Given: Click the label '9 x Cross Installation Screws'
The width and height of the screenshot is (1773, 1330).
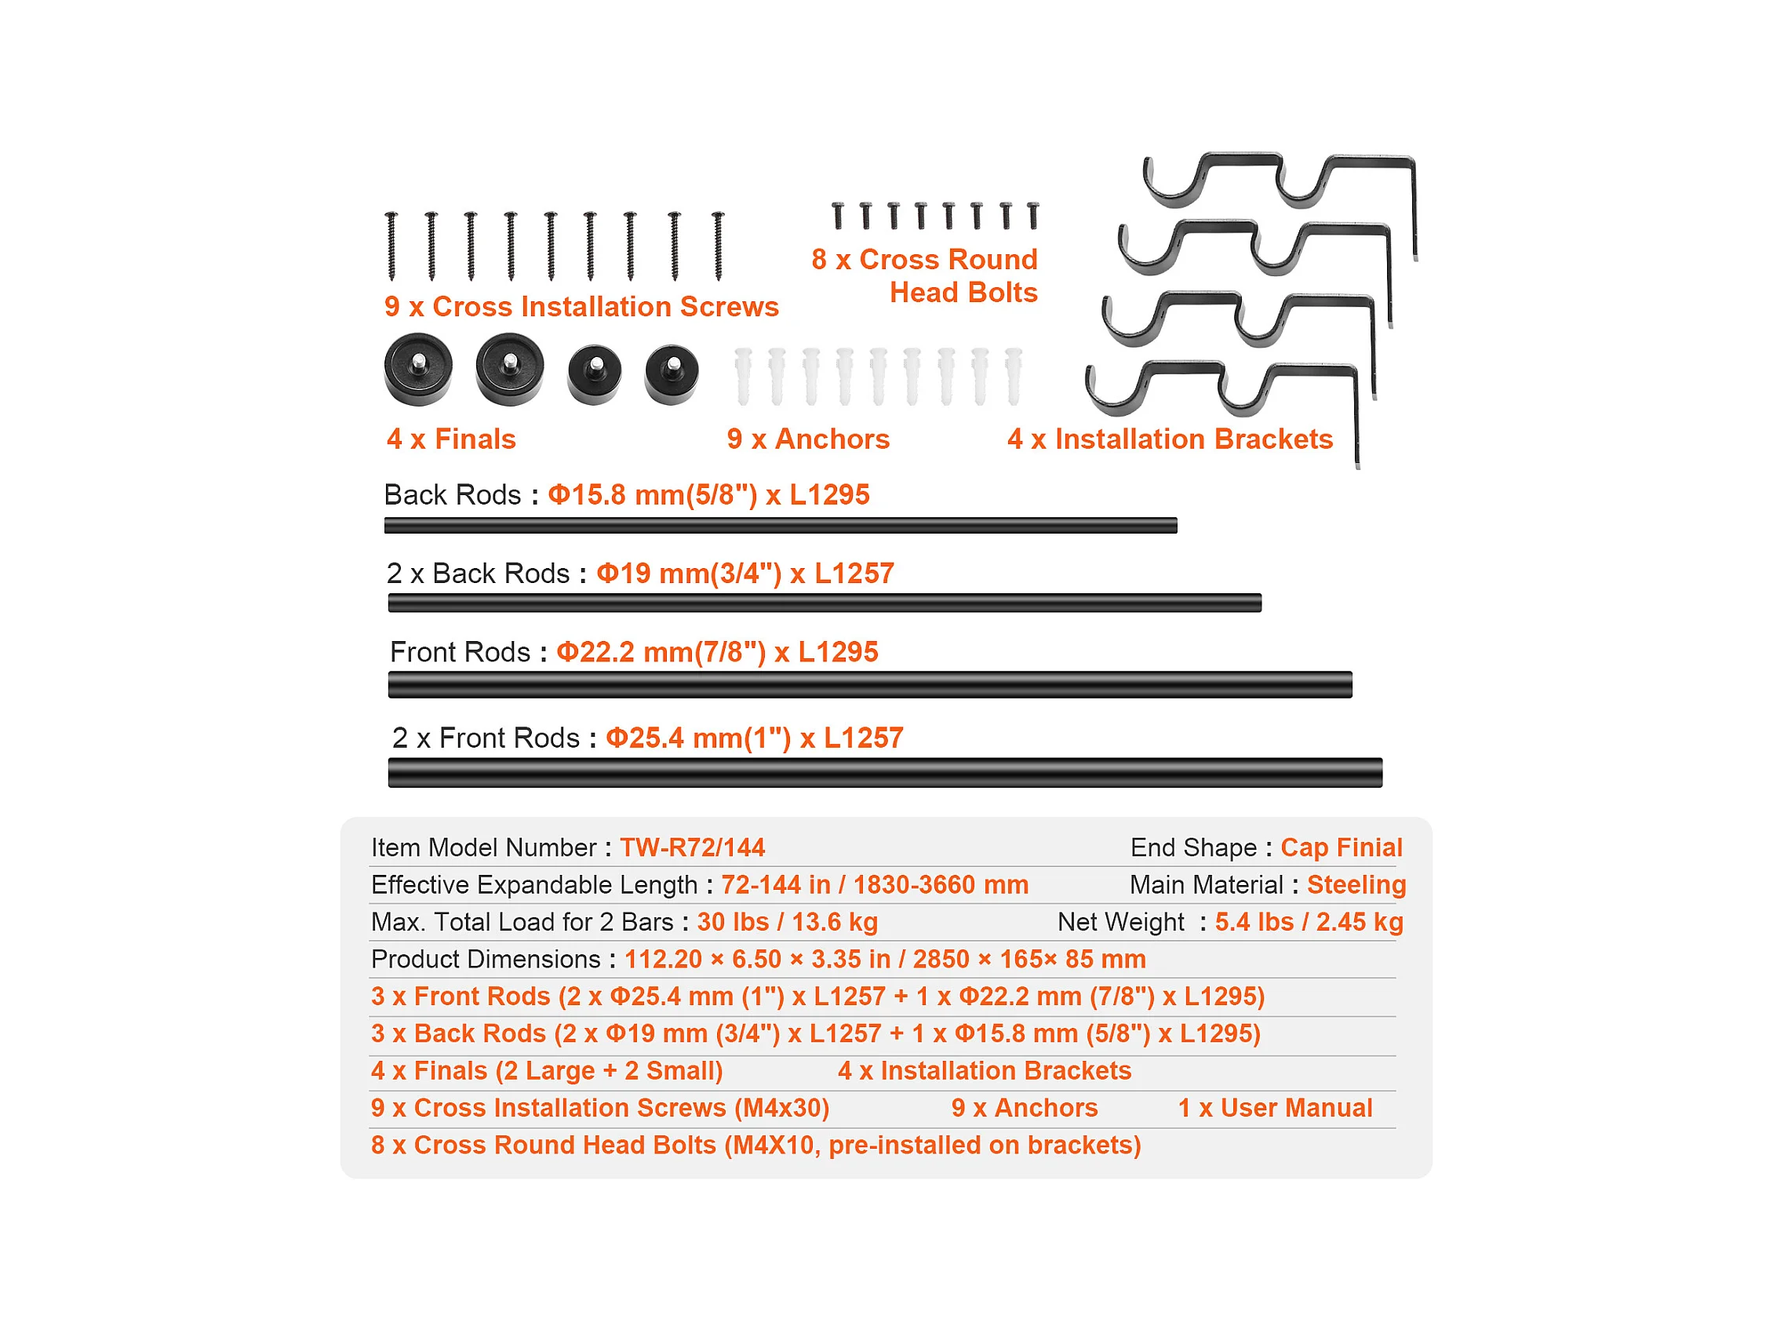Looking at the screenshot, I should click(581, 307).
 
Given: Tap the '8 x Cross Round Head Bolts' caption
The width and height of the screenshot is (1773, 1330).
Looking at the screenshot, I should click(925, 275).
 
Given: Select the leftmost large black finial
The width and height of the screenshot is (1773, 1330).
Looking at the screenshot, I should click(417, 369).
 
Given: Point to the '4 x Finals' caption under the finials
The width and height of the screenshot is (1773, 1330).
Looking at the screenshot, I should click(451, 439).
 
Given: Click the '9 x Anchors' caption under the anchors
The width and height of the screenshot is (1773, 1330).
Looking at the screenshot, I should click(808, 439).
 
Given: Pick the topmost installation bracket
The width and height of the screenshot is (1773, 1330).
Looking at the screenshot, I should click(1280, 180).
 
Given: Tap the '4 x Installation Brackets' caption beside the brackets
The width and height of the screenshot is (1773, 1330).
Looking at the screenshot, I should click(1170, 439).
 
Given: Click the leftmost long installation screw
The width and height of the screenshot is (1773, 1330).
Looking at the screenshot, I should click(391, 246).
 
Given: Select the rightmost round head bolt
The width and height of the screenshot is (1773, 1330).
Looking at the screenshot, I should click(1033, 215).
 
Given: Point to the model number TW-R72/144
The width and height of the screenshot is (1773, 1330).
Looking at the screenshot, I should click(693, 847).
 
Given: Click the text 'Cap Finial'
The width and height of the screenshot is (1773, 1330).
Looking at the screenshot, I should click(1341, 847).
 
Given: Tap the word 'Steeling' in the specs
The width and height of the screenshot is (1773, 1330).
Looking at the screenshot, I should click(1356, 884).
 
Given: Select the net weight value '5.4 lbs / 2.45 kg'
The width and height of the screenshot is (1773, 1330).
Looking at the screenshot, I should click(1309, 922).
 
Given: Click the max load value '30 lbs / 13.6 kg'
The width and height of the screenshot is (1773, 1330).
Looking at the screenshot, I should click(787, 922).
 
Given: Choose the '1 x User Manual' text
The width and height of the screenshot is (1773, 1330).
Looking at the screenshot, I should click(1275, 1108).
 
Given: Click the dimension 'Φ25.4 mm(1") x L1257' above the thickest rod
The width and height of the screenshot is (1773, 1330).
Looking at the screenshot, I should click(754, 738).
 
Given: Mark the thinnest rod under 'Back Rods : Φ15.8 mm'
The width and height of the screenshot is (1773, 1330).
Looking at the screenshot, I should click(780, 526).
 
